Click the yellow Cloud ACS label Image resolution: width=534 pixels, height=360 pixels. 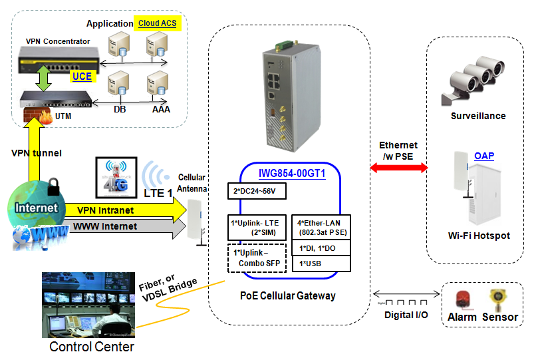157,23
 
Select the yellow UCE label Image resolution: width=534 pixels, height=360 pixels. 82,77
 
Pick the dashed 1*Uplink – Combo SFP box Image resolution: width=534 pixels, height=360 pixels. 255,258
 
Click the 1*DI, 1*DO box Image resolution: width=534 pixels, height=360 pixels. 321,248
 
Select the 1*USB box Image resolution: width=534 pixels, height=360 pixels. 321,264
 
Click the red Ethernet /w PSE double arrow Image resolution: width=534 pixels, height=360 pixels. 398,168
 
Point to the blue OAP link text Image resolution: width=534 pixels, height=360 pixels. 484,156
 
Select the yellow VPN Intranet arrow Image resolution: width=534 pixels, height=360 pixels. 126,210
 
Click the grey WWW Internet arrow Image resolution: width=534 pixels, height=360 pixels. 126,227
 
